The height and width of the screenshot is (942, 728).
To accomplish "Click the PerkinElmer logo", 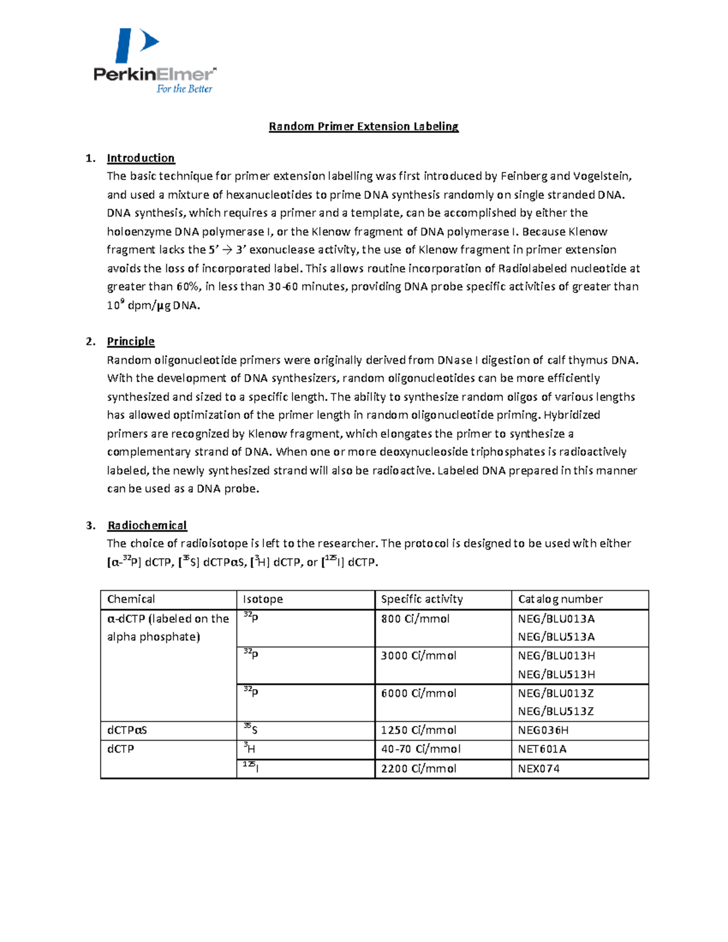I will pos(155,61).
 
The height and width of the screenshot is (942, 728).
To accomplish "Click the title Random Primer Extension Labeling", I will pos(363,126).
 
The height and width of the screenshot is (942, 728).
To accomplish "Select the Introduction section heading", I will pos(141,158).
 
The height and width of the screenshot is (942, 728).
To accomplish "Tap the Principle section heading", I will pos(130,341).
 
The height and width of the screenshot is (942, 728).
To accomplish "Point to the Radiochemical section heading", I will pos(147,525).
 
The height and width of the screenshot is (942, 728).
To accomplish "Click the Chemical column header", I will pos(131,599).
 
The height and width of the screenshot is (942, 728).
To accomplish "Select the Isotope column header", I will pos(263,599).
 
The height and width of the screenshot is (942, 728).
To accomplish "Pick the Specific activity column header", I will pos(422,599).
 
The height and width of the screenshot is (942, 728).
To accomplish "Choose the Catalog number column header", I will pos(560,599).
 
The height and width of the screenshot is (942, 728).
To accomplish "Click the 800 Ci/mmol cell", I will pos(415,619).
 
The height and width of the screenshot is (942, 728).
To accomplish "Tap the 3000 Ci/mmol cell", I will pos(419,656).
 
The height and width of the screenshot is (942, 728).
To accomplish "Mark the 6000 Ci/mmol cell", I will pos(419,693).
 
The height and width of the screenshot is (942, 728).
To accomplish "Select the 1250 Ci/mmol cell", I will pos(419,730).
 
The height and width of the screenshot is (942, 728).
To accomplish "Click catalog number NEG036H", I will pos(543,730).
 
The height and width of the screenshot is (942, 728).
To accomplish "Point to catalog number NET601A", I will pos(542,749).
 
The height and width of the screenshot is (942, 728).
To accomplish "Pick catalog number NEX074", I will pos(539,769).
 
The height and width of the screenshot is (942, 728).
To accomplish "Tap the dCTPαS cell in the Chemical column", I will pos(127,730).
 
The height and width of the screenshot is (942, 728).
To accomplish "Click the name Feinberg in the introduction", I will pos(524,177).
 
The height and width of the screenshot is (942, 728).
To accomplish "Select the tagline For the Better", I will pos(184,89).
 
